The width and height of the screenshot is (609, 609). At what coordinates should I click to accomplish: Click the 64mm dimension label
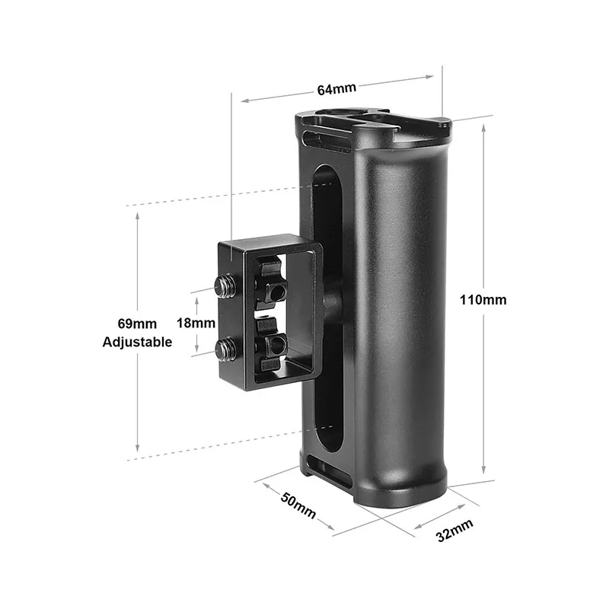pyautogui.click(x=336, y=89)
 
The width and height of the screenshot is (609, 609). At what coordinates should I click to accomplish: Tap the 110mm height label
pyautogui.click(x=483, y=300)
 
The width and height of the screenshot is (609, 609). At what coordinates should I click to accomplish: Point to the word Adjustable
pyautogui.click(x=137, y=343)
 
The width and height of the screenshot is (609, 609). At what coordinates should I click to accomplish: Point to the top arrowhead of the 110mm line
pyautogui.click(x=483, y=128)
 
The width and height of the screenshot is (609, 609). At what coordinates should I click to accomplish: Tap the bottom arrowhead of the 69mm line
pyautogui.click(x=137, y=450)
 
